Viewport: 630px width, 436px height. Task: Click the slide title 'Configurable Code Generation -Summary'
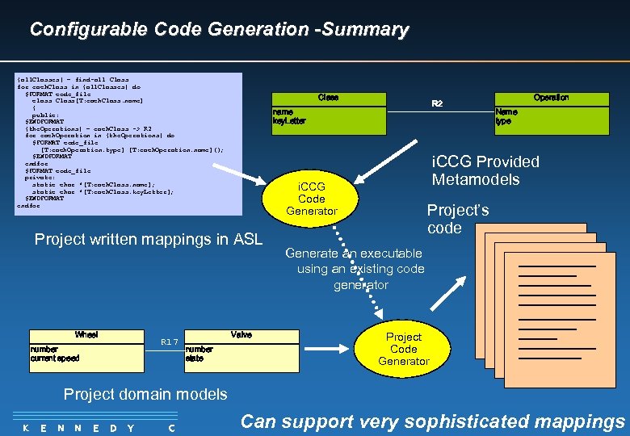pyautogui.click(x=219, y=30)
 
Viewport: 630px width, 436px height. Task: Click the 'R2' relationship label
pyautogui.click(x=437, y=103)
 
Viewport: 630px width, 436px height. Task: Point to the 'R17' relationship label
pyautogui.click(x=169, y=342)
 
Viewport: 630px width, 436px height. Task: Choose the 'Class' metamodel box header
pyautogui.click(x=328, y=98)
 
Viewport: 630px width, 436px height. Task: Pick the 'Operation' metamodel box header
pyautogui.click(x=551, y=98)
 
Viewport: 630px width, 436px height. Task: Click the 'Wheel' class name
pyautogui.click(x=86, y=334)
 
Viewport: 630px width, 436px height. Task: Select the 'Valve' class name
pyautogui.click(x=241, y=334)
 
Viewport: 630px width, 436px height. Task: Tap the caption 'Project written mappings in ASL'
pyautogui.click(x=149, y=239)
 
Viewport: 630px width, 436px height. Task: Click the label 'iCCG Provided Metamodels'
pyautogui.click(x=485, y=170)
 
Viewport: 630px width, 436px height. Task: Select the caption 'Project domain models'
pyautogui.click(x=145, y=394)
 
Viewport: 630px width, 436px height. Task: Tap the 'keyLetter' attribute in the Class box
pyautogui.click(x=290, y=121)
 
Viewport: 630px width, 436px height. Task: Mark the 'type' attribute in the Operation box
pyautogui.click(x=503, y=121)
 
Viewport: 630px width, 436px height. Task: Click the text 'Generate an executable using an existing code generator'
pyautogui.click(x=353, y=269)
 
